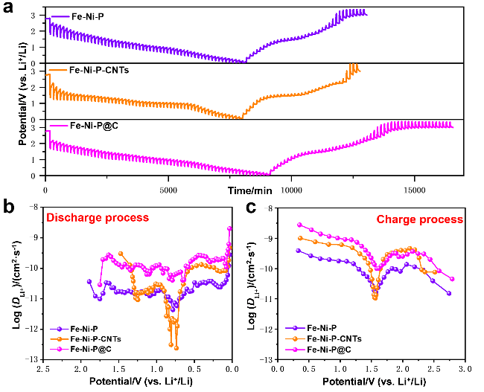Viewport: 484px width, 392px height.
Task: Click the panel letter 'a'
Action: pos(8,7)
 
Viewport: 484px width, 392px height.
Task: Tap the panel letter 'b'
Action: pos(9,206)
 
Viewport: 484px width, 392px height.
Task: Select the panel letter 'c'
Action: pos(251,208)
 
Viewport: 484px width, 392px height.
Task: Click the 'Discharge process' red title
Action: pos(98,218)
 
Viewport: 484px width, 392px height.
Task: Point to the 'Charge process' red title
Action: pos(419,219)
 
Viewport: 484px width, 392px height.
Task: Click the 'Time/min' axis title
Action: pos(249,190)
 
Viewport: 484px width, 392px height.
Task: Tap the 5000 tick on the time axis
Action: pos(168,190)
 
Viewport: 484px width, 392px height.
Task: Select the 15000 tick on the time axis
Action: pos(414,190)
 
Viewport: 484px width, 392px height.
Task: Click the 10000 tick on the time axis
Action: pos(291,190)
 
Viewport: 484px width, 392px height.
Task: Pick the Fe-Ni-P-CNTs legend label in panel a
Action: pos(99,71)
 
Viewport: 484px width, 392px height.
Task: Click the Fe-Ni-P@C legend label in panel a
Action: pos(94,126)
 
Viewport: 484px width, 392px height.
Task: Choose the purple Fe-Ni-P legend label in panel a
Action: pos(88,16)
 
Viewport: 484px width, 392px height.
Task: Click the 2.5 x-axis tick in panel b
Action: pos(43,369)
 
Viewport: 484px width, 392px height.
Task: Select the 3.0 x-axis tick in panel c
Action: pos(465,369)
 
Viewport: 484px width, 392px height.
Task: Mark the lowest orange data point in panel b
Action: pos(176,348)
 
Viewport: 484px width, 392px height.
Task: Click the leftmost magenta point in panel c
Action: pos(299,225)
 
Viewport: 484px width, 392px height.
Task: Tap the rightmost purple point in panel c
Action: pos(449,293)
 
